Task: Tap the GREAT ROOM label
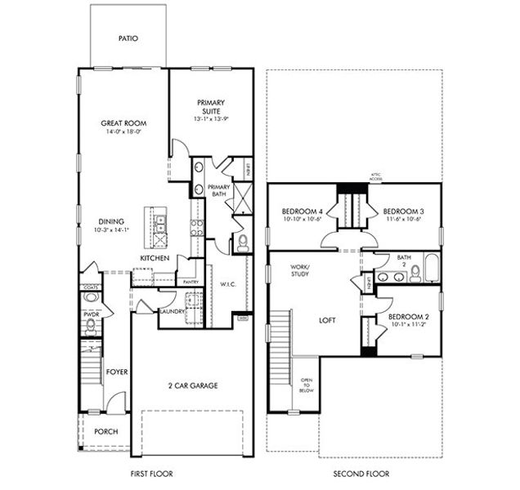123,123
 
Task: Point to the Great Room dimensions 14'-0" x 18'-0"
123,132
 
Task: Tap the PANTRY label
191,283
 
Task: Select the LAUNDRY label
172,311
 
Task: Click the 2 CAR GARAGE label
194,386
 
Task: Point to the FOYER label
117,372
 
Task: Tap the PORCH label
105,431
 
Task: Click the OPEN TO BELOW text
307,385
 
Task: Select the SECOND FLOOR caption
361,474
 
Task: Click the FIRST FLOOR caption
154,474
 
